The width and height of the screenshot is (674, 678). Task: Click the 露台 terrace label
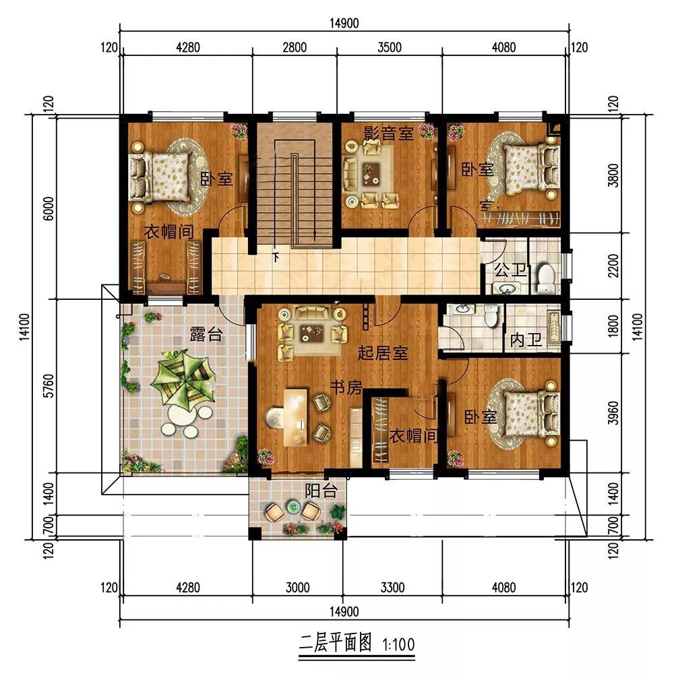coord(206,334)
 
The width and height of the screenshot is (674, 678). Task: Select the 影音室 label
coord(388,133)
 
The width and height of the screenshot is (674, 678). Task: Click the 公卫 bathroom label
coord(510,270)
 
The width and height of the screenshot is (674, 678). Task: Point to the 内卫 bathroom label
coord(526,340)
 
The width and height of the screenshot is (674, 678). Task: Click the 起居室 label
coord(383,353)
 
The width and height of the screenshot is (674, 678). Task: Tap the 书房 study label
coord(346,388)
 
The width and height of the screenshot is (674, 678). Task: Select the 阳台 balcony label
coord(321,491)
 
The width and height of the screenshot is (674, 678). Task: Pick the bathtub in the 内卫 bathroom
coord(553,328)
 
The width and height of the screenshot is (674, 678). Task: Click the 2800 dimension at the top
coord(295,47)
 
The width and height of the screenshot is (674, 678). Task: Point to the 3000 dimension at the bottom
coord(297,588)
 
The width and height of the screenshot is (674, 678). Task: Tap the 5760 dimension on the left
coord(50,386)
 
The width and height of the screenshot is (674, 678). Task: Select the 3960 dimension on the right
coord(613,413)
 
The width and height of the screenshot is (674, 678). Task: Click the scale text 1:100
coord(398,645)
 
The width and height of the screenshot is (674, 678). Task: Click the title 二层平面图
coord(336,643)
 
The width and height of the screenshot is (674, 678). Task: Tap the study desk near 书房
coord(296,417)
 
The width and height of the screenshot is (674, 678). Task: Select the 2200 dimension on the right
coord(613,266)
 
